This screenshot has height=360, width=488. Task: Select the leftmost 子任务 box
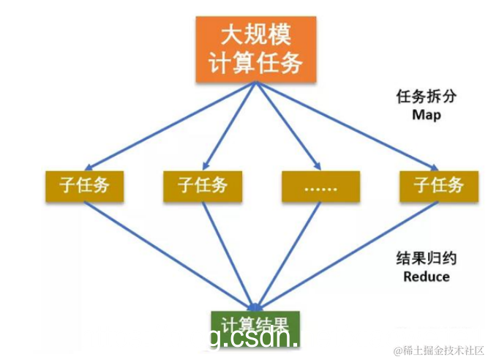click(84, 185)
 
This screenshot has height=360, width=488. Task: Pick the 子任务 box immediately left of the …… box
click(203, 185)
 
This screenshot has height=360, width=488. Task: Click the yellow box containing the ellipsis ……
click(320, 186)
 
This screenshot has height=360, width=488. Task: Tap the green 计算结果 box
click(254, 323)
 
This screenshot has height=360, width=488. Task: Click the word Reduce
click(426, 277)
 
